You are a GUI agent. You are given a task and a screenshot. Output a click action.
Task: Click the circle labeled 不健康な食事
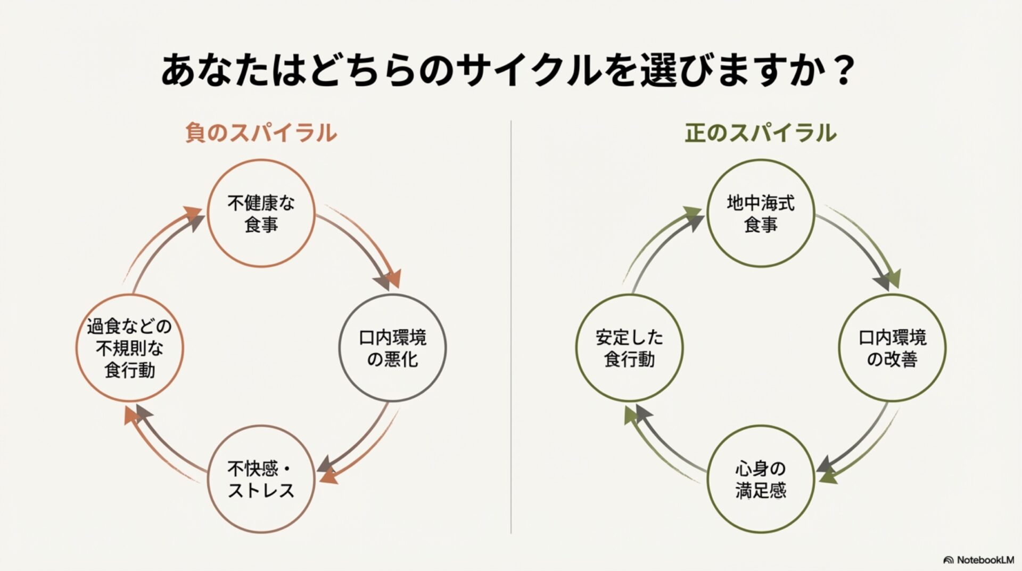click(x=261, y=213)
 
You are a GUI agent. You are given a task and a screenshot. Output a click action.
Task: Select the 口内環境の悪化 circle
click(x=392, y=348)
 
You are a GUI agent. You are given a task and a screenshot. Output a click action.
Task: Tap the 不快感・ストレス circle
click(x=261, y=479)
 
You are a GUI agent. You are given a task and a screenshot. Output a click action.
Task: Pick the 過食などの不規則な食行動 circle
click(x=129, y=348)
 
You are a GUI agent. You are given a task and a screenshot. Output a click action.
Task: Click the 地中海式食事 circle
click(x=761, y=213)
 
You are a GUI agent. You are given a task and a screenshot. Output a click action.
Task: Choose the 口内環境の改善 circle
click(x=892, y=348)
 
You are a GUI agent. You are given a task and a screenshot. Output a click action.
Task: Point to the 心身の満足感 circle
click(x=761, y=479)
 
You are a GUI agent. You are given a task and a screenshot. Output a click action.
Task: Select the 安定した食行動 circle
click(x=629, y=348)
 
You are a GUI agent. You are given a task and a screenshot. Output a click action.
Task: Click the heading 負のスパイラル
click(x=261, y=133)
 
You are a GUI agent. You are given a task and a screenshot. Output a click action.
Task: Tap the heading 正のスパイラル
click(x=760, y=133)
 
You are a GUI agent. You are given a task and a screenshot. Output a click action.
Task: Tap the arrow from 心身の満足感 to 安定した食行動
click(x=665, y=447)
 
